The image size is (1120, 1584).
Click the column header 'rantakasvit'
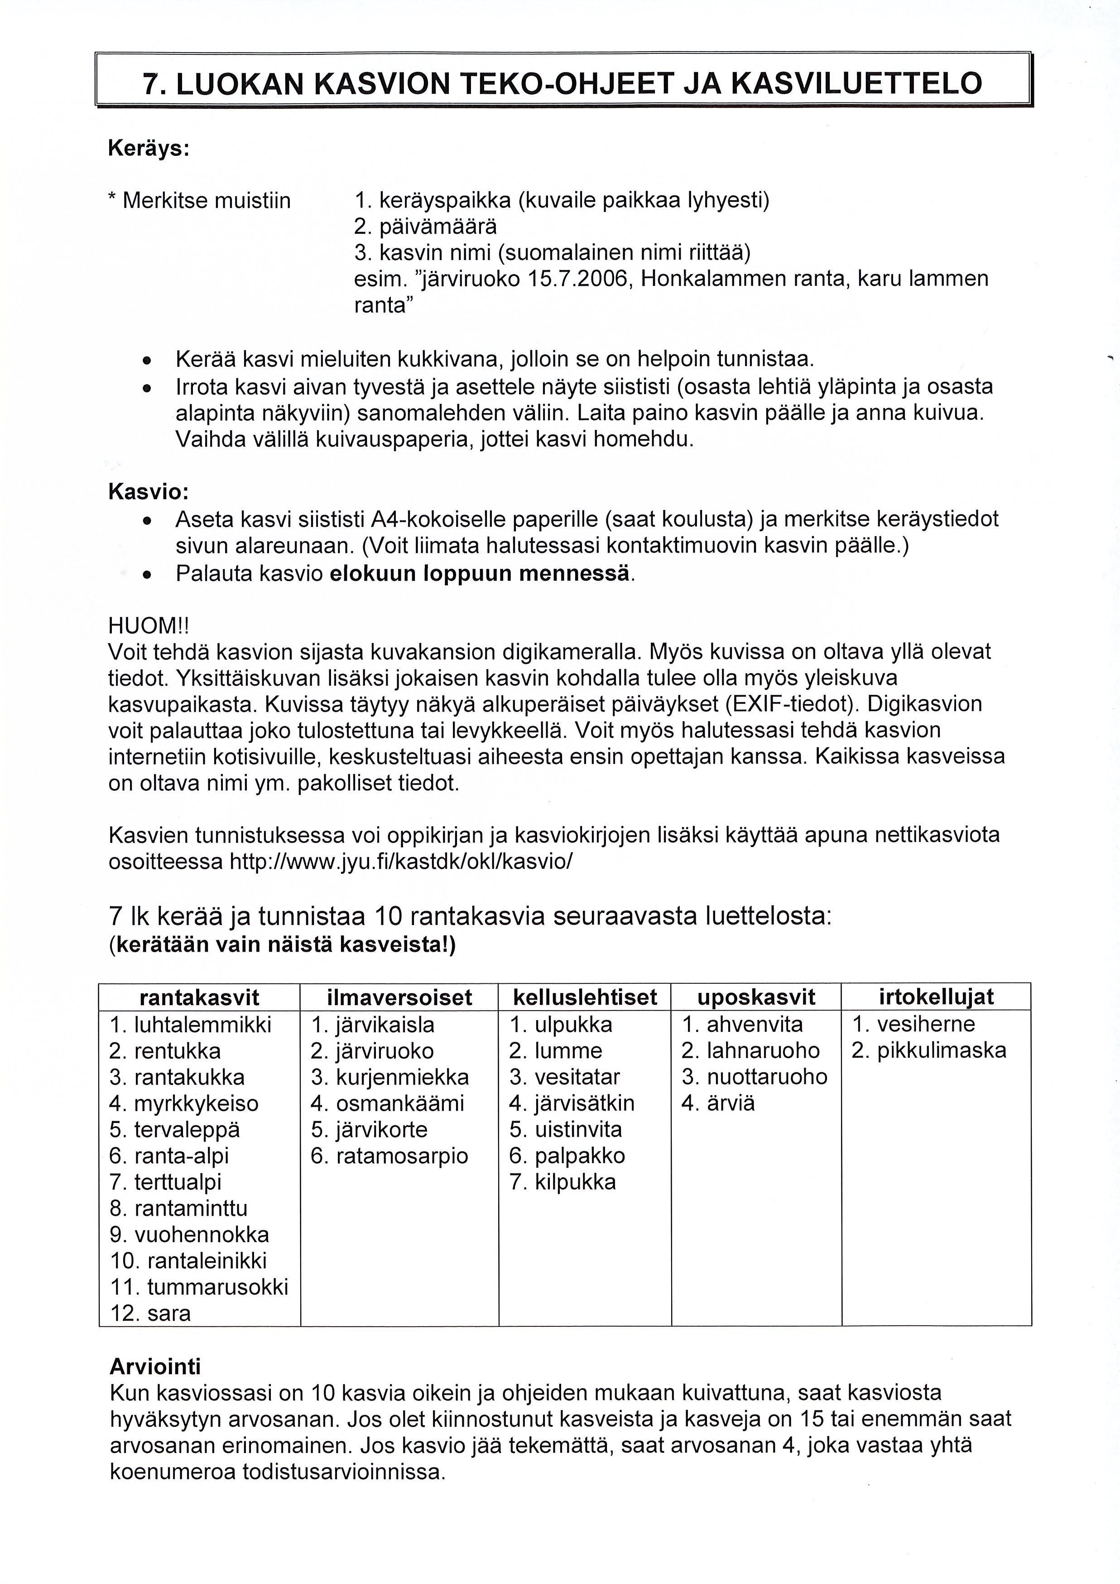199,997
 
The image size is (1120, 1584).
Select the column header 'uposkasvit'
756,997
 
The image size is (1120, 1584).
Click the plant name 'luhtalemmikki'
203,1025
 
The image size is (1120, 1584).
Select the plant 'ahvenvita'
755,1025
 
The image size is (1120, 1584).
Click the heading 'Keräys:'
148,148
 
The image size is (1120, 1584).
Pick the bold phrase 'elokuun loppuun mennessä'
480,574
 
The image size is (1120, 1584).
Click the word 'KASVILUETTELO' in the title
855,83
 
